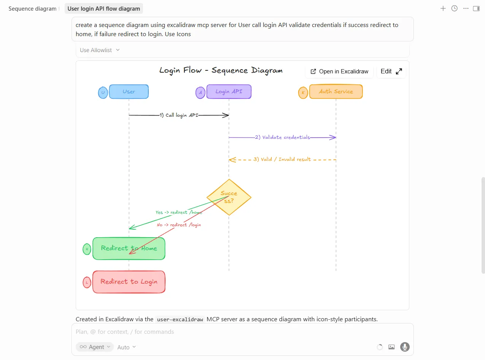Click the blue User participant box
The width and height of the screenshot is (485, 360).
(x=129, y=92)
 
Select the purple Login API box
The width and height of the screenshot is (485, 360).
(x=229, y=92)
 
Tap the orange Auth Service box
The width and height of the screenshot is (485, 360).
(x=336, y=92)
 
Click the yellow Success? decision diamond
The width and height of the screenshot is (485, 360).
(x=229, y=197)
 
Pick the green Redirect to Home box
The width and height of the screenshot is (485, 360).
(x=129, y=249)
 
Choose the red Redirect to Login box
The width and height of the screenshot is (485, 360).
(x=129, y=282)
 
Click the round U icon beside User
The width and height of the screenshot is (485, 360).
(x=103, y=93)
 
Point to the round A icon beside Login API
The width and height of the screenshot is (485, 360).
(x=200, y=93)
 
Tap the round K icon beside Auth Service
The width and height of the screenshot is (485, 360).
(x=303, y=93)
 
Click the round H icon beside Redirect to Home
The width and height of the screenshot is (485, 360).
(x=87, y=249)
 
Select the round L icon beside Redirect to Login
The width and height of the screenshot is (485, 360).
(x=87, y=282)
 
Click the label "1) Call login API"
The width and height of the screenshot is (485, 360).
(x=179, y=115)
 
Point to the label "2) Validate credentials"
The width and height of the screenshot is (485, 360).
(x=282, y=137)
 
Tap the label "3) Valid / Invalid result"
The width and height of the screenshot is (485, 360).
(x=282, y=159)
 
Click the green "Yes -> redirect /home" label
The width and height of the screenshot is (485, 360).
(x=179, y=212)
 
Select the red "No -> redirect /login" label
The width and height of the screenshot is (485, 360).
(x=179, y=225)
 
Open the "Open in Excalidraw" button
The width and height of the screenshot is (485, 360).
(x=339, y=71)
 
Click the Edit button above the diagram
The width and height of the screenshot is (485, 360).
(x=391, y=71)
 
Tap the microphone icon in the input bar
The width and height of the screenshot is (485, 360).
(x=405, y=347)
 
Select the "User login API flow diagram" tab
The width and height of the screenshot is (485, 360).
(x=104, y=8)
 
